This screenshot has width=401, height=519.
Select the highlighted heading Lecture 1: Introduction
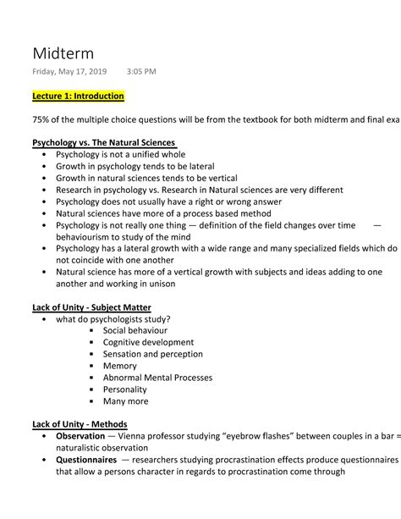pos(78,97)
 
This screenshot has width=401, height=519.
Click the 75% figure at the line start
pos(41,119)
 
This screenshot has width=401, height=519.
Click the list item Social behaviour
pos(135,330)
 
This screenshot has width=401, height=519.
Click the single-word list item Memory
pos(120,366)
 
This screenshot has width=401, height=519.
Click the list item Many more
pos(125,401)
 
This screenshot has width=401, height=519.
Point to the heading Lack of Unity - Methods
pos(80,423)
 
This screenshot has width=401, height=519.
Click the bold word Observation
pos(85,436)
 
